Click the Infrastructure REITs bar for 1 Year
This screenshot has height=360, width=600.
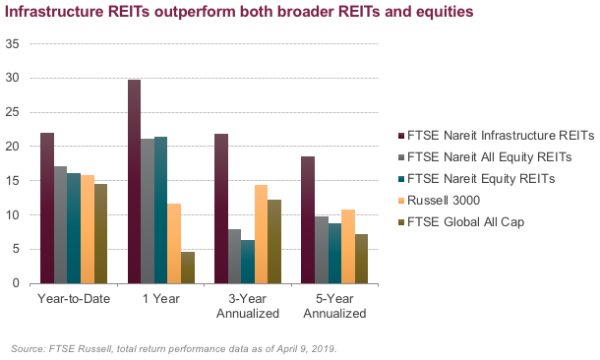tap(134, 182)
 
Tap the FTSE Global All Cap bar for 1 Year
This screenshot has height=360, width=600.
tap(188, 268)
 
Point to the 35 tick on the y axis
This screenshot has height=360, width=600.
tap(12, 44)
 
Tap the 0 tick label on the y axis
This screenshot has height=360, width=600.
tap(15, 283)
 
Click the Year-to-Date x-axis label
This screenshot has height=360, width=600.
tap(74, 299)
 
